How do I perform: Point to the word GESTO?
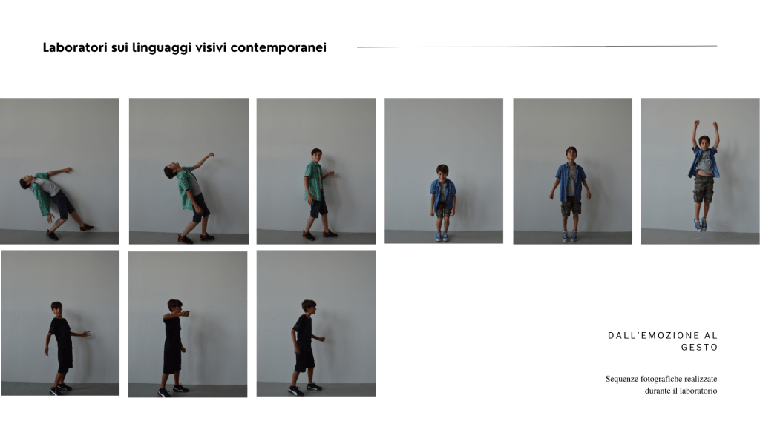tap(699, 347)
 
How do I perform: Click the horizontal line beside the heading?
tap(537, 47)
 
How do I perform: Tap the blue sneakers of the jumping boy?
tap(701, 225)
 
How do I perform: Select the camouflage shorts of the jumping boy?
tap(704, 189)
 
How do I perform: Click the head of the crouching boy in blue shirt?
tap(442, 171)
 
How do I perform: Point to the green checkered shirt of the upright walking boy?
tap(313, 182)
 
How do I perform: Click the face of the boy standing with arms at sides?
tap(571, 154)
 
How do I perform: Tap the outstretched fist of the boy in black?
tap(185, 314)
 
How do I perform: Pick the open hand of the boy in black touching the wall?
tap(86, 334)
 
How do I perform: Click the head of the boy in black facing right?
tap(309, 306)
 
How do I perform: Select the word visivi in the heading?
tap(211, 47)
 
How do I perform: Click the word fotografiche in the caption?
tap(661, 379)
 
